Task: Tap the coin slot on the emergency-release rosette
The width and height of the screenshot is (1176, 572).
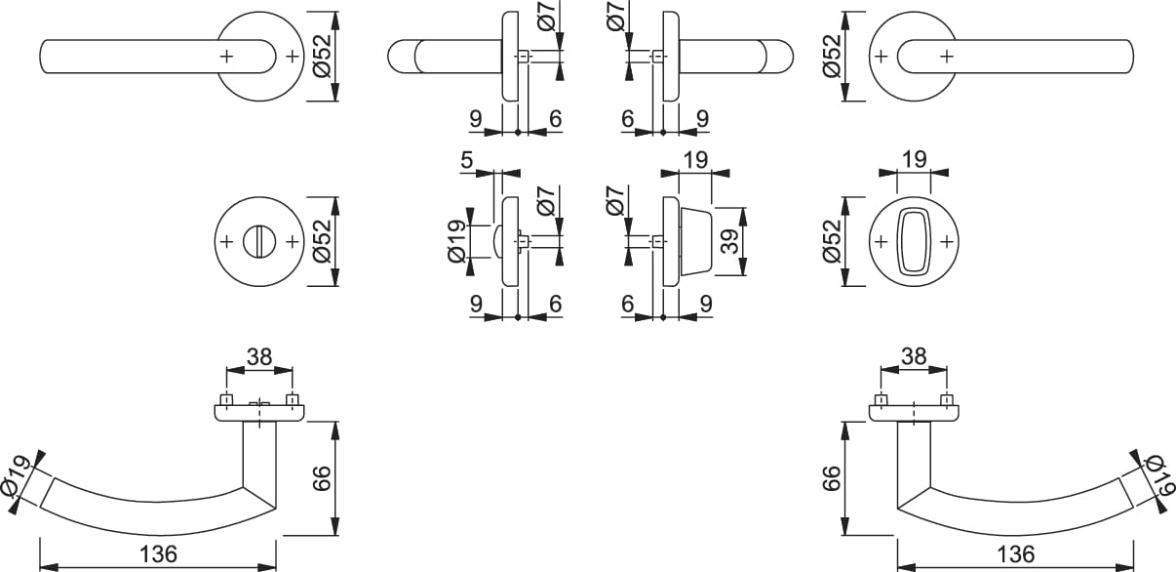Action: pos(259,240)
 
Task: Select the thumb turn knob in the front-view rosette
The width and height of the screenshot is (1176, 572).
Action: pos(913,240)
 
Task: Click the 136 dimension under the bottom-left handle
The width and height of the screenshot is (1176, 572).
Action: pos(157,553)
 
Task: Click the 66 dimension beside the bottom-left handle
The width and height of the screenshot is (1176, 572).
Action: pos(323,478)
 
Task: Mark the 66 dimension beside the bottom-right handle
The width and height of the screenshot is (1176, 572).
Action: pos(832,478)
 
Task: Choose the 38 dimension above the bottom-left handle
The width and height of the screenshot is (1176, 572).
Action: pos(258,357)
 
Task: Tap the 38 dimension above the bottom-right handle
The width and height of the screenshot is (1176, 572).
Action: pos(913,357)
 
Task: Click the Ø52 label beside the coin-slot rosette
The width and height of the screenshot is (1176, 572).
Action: pos(322,240)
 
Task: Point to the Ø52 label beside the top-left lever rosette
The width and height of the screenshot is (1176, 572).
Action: pos(322,57)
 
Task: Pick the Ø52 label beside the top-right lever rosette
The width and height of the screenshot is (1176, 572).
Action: pos(832,57)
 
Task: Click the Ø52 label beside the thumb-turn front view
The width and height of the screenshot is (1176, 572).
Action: pos(832,240)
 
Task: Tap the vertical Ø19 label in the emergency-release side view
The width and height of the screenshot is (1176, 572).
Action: pos(455,240)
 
